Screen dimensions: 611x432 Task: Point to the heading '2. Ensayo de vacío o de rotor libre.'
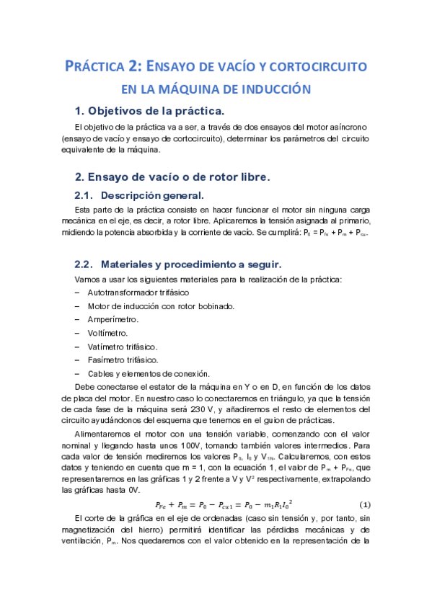point(172,176)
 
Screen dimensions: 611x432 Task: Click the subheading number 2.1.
point(85,195)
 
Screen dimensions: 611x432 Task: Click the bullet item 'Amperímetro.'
point(113,319)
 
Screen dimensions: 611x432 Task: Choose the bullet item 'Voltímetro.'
point(107,333)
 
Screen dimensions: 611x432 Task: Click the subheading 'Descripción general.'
point(152,195)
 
